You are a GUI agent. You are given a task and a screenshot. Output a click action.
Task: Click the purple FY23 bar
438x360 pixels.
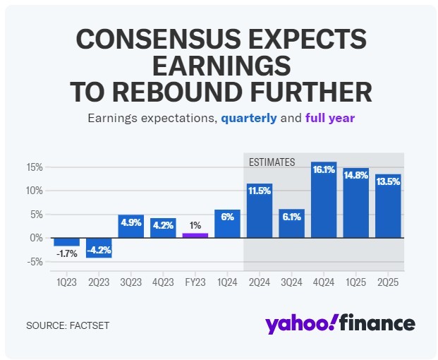[x=195, y=235]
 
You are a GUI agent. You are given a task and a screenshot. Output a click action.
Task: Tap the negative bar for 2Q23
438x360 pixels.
[x=99, y=248]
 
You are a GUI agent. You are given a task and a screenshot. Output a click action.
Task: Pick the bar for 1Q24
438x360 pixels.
[x=227, y=224]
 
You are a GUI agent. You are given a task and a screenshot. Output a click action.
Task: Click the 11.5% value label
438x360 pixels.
[x=260, y=191]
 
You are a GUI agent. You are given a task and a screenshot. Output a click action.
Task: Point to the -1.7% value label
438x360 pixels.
[x=67, y=253]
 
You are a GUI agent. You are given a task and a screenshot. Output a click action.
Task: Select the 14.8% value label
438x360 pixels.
[x=355, y=176]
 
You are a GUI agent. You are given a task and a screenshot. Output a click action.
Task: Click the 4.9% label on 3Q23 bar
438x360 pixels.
[x=131, y=222]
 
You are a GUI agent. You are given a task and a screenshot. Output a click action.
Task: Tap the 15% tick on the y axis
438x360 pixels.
[x=35, y=167]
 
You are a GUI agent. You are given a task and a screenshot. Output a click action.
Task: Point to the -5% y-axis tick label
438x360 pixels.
[x=35, y=262]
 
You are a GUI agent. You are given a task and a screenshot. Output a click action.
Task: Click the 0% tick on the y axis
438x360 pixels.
[x=38, y=238]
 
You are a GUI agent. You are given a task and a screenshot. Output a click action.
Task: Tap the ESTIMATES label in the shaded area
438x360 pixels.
[x=272, y=162]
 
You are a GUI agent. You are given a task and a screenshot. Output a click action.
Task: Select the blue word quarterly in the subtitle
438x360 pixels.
[x=248, y=118]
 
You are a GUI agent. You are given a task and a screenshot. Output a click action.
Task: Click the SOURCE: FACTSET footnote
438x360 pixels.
[x=68, y=325]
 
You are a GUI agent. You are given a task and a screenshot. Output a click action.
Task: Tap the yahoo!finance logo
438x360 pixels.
[x=340, y=323]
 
